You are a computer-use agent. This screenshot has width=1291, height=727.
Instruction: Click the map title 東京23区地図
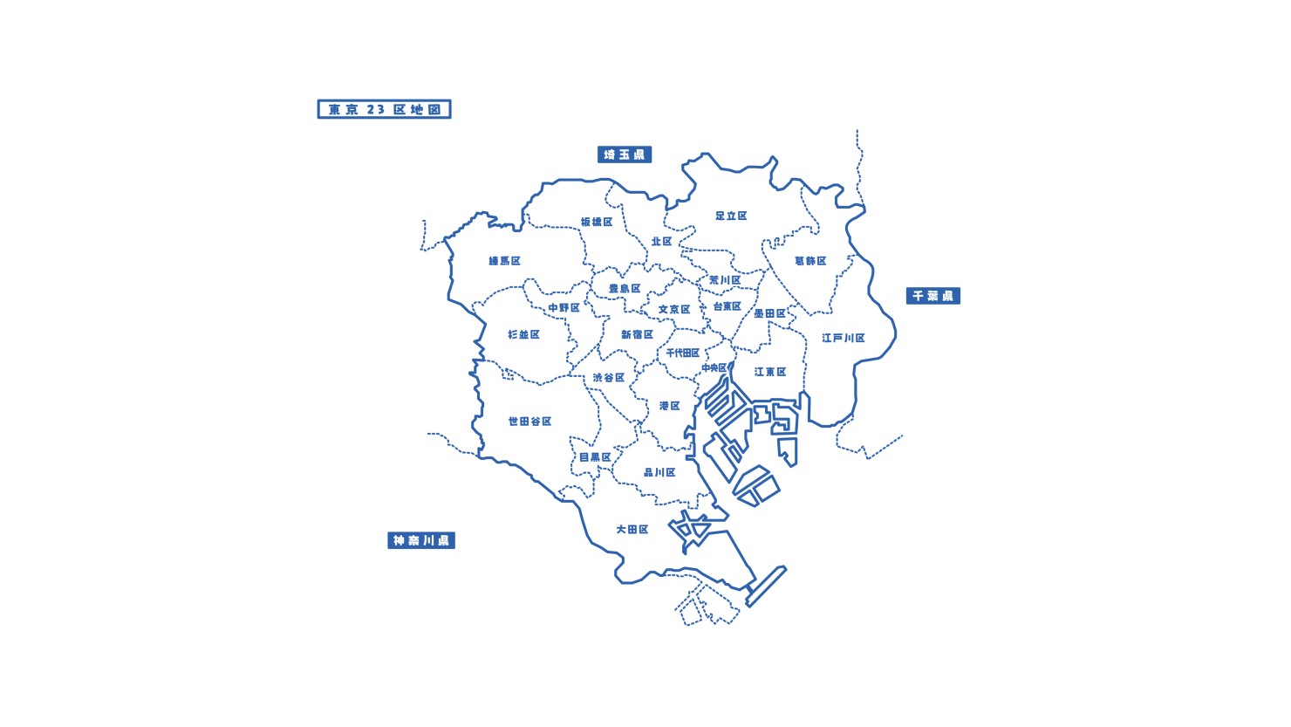(x=384, y=109)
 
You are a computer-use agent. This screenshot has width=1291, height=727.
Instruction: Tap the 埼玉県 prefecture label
(x=625, y=154)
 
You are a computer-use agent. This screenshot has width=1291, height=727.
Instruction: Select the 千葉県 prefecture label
(x=932, y=296)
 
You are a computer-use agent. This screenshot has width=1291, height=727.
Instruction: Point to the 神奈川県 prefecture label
(x=421, y=540)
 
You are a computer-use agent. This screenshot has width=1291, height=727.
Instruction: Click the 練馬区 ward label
(x=504, y=261)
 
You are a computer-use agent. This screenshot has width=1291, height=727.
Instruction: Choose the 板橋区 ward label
(x=597, y=222)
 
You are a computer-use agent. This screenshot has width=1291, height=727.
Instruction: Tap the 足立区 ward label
(x=731, y=216)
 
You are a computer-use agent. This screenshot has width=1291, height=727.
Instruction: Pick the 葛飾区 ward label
(x=810, y=261)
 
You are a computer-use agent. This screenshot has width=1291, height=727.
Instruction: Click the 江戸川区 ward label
(x=843, y=338)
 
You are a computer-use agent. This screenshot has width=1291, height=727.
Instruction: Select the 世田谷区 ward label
(x=529, y=422)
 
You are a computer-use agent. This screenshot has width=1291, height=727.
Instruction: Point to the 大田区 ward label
(x=632, y=530)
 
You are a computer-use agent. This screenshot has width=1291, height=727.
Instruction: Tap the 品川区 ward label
(x=659, y=472)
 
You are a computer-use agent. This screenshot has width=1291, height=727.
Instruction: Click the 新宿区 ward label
(x=637, y=334)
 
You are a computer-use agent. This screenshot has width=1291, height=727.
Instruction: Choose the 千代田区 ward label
(x=682, y=353)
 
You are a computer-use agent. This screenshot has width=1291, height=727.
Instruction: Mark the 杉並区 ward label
(x=523, y=334)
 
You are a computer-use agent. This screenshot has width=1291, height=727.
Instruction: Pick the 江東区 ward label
(x=770, y=372)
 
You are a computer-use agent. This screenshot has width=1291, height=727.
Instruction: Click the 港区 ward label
(x=669, y=406)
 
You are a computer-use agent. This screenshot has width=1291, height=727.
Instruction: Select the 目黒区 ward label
(x=595, y=457)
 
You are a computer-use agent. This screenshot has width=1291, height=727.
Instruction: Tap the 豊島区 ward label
(x=625, y=289)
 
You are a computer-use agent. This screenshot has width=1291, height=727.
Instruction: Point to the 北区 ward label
(x=661, y=242)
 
